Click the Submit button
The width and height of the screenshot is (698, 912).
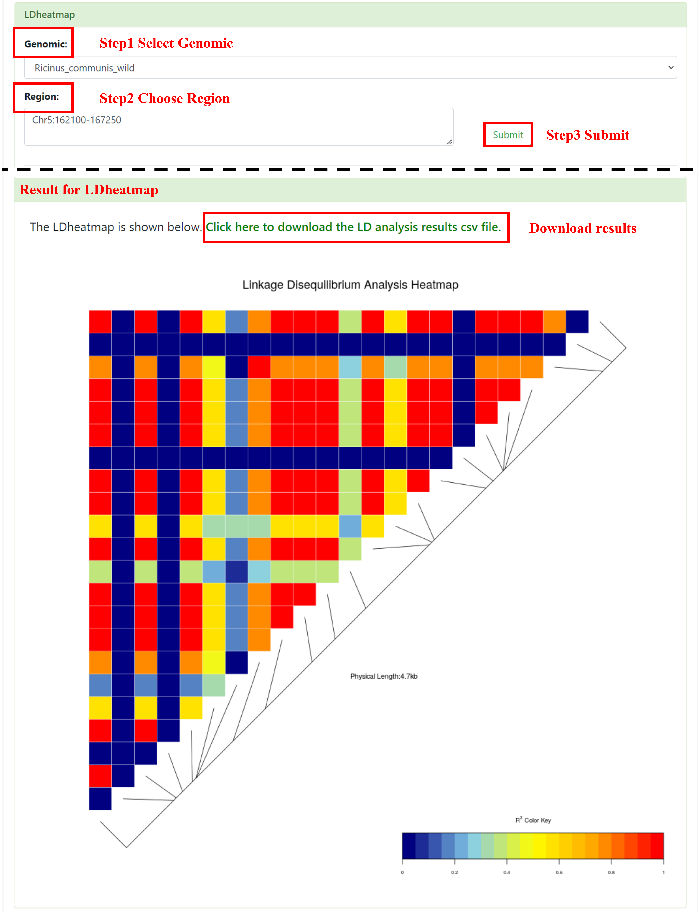508,135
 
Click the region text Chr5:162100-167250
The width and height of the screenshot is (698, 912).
77,120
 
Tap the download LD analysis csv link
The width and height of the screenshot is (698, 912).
354,227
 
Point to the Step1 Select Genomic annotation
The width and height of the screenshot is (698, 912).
166,43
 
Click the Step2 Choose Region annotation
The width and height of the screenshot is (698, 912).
165,98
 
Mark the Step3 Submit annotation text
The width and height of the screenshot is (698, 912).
588,135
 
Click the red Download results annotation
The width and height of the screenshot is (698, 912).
582,228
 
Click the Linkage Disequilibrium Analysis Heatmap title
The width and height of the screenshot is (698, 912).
350,285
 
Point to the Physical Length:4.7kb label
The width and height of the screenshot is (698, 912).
384,676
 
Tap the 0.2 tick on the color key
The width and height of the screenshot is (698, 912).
455,872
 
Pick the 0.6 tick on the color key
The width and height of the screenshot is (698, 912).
559,872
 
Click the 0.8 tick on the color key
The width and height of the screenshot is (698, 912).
611,872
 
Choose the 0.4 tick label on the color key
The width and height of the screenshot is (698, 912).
506,872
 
